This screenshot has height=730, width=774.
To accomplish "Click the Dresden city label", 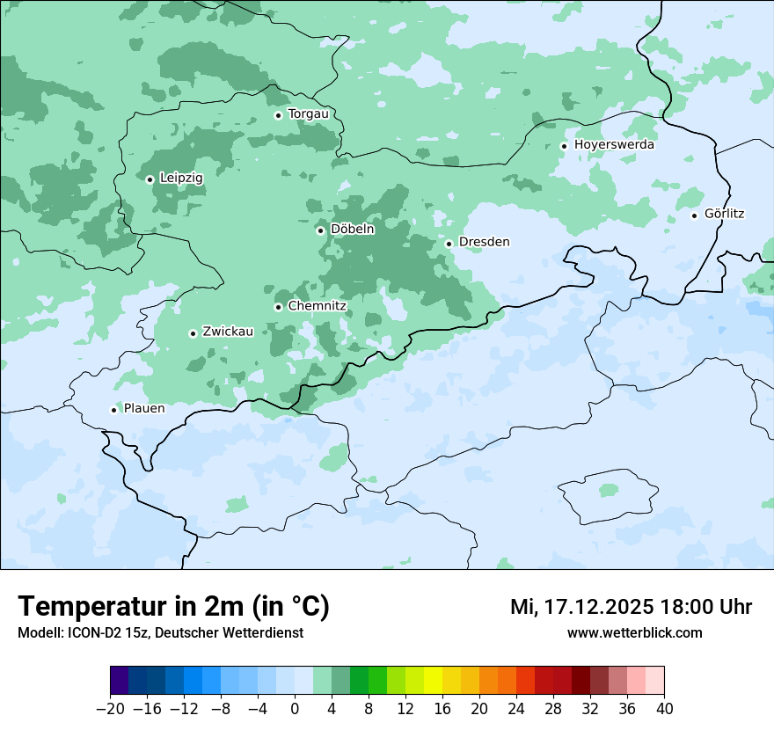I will click(x=484, y=242).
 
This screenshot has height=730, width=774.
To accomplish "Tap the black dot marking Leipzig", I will click(x=150, y=179).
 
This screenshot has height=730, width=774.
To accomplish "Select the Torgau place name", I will click(x=308, y=114).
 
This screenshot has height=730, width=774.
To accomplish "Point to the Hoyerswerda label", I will click(x=614, y=145).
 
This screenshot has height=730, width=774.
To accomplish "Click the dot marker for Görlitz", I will click(x=694, y=215).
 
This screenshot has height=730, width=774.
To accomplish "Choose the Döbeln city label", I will click(x=352, y=230).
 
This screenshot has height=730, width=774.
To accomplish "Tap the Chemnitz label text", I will click(x=317, y=307).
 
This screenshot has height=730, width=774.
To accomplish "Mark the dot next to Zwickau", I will click(x=193, y=333).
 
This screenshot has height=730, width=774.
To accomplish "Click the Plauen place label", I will click(x=143, y=409).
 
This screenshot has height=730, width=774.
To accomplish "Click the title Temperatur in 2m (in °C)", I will click(x=174, y=606).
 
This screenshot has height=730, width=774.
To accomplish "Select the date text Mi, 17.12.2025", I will click(x=581, y=607).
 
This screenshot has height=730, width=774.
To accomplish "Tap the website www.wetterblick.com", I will click(x=634, y=632).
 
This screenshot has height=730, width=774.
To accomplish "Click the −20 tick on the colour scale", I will click(x=111, y=708).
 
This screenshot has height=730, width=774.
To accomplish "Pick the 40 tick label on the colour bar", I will click(x=664, y=708).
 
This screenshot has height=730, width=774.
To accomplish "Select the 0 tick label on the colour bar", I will click(x=295, y=708).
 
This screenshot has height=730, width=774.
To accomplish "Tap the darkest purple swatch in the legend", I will click(x=120, y=681).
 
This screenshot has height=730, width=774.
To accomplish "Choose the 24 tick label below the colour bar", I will click(x=516, y=708).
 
